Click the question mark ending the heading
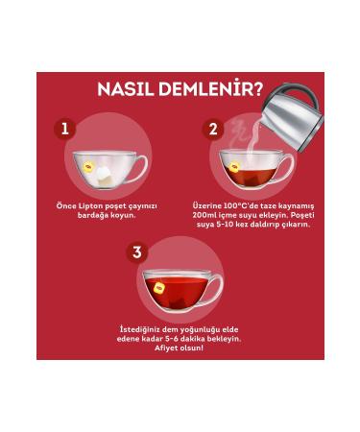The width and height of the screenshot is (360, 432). point(256,91)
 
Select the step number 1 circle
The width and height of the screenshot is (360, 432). point(64,128)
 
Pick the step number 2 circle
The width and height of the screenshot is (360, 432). point(213,128)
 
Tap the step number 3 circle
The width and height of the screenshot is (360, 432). point(137,252)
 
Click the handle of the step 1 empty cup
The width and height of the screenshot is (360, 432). point(140,170)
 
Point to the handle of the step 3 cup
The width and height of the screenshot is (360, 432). point(216,289)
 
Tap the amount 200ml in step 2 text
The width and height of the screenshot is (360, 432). point(208,215)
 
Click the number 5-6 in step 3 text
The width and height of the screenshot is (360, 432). point(179,339)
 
